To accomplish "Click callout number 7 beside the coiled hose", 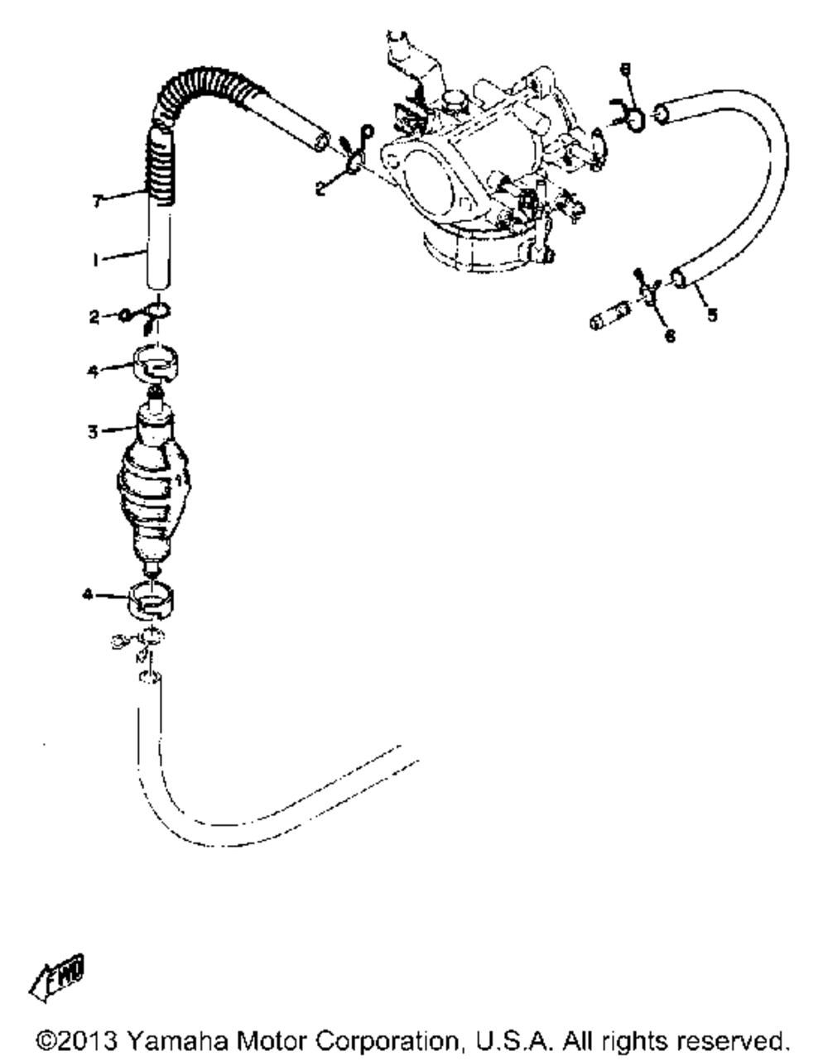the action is tap(97, 201).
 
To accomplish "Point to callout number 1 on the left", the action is tap(97, 260).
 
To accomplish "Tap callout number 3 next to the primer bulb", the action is tap(93, 431).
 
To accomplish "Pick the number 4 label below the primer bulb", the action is tap(89, 594).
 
